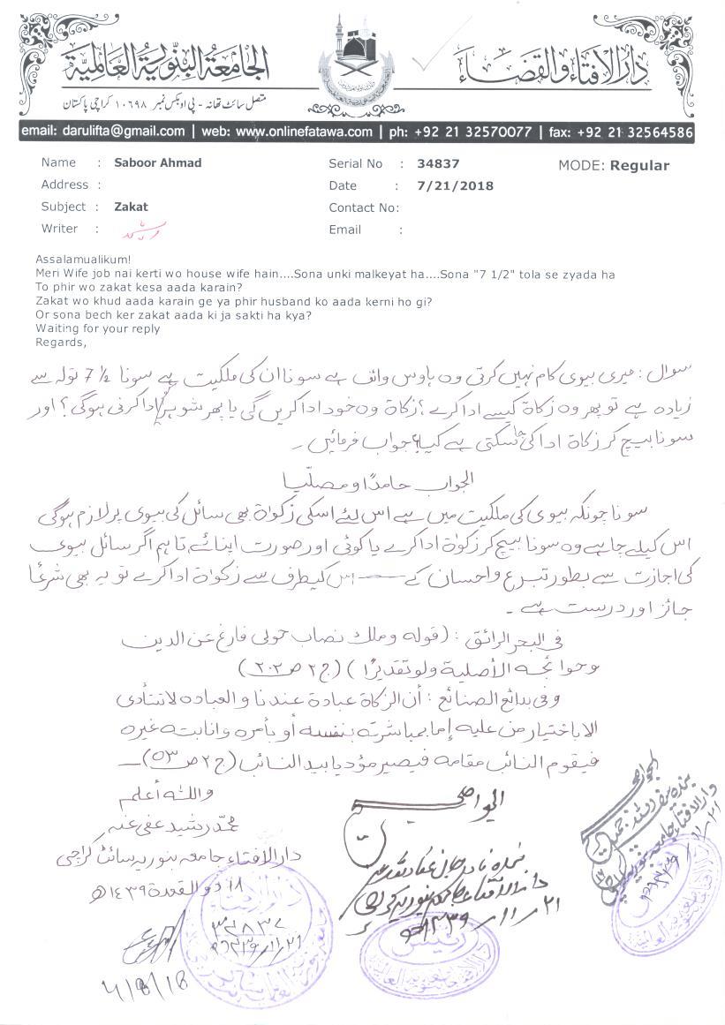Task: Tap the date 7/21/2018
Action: [456, 185]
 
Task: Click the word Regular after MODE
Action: [639, 165]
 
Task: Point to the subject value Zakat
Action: [132, 207]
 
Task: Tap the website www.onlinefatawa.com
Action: [304, 132]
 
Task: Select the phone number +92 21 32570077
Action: [468, 132]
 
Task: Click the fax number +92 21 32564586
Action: [634, 132]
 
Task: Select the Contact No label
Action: [363, 207]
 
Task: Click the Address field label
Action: [64, 185]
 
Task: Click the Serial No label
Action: [356, 163]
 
